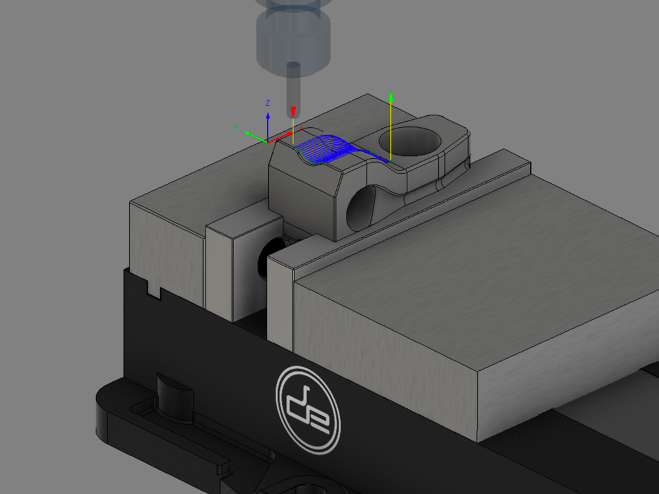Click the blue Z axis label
coord(268,103)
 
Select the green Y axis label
coord(236,127)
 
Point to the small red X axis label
coord(301,127)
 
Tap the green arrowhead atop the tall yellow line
coord(391,97)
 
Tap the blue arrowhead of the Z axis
coord(268,116)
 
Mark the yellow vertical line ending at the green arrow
coord(391,132)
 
